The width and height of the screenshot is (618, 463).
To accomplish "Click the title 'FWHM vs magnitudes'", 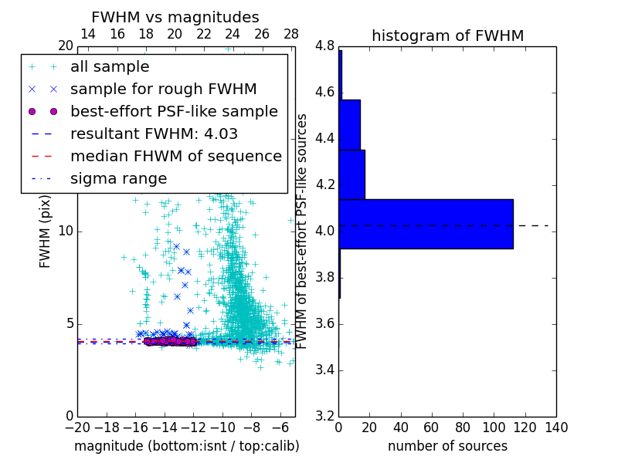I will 175,17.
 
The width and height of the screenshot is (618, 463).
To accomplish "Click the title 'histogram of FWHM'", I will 447,35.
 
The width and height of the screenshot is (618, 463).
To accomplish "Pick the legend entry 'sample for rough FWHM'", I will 163,89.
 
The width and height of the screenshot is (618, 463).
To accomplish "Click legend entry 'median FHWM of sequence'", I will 175,156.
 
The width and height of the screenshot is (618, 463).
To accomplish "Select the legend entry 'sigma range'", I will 118,178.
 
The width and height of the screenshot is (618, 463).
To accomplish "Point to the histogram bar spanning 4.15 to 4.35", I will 351,174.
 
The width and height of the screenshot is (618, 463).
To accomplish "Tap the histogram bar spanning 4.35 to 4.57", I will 349,124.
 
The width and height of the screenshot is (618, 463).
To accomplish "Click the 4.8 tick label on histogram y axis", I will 324,46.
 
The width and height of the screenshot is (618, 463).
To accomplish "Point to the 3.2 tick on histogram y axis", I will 324,416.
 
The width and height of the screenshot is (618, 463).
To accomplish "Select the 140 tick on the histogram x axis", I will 556,428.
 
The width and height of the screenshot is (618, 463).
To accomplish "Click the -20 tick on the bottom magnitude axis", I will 77,428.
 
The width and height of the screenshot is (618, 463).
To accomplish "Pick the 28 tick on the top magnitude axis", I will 291,34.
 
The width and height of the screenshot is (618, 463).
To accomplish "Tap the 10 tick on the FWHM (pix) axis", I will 66,231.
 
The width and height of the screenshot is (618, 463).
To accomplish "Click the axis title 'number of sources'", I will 447,446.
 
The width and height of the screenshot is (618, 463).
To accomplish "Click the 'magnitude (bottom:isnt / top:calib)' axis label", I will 186,446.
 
